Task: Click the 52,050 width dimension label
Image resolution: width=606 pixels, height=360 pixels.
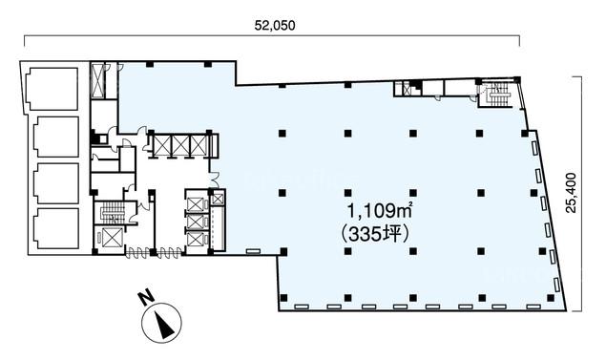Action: click(x=275, y=26)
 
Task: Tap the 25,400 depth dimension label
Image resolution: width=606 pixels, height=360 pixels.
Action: click(x=571, y=193)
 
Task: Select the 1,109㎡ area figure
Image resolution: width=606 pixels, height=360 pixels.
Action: click(x=380, y=211)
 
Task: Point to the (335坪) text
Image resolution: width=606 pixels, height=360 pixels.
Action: click(x=375, y=234)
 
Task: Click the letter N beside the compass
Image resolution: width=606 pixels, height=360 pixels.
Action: click(x=146, y=298)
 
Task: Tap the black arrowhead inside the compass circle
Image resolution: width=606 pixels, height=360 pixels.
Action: click(x=164, y=324)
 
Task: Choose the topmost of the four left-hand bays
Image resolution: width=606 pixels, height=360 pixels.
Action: click(x=52, y=89)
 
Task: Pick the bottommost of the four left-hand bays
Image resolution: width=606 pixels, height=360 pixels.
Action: click(x=55, y=228)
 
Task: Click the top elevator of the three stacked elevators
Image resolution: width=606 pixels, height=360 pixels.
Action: click(x=195, y=203)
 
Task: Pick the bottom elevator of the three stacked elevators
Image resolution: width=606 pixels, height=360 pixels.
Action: click(x=195, y=239)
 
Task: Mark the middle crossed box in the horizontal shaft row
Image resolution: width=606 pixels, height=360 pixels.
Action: click(x=181, y=145)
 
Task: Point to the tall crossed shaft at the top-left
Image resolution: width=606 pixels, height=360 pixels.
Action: click(x=98, y=81)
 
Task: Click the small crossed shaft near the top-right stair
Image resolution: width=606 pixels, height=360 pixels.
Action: click(x=407, y=90)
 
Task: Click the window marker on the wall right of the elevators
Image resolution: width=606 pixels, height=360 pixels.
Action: click(x=252, y=252)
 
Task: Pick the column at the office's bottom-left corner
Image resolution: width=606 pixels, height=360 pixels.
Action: click(x=284, y=298)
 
